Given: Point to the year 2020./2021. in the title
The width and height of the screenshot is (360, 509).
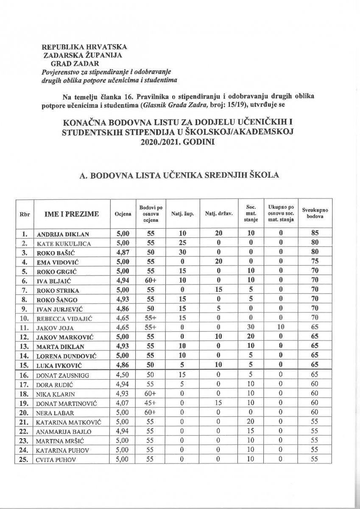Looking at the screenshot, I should tap(157, 143).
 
